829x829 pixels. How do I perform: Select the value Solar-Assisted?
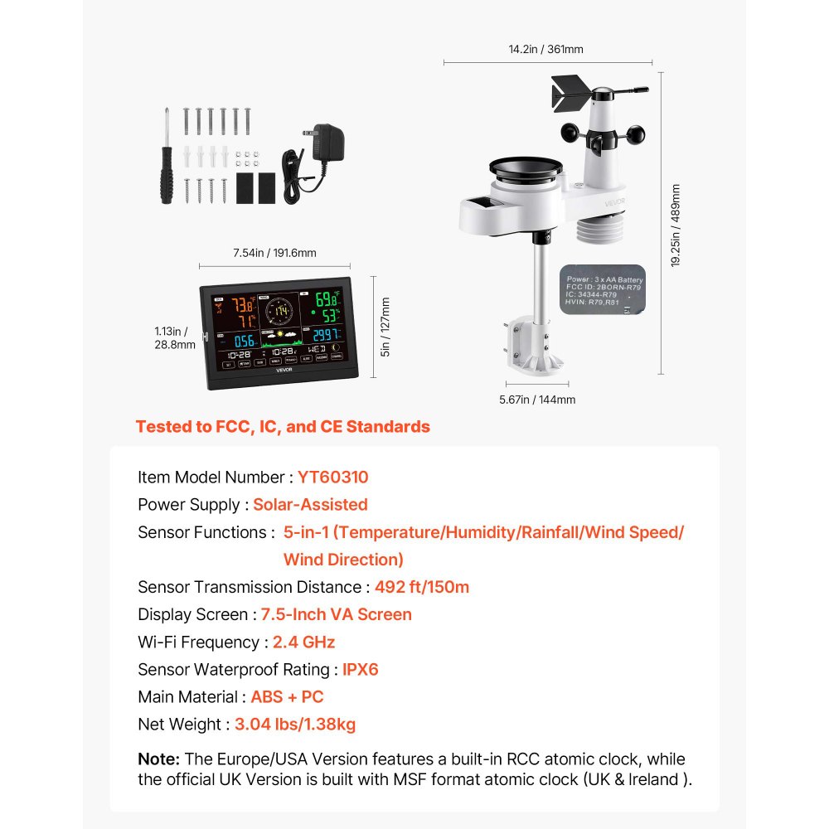point(310,505)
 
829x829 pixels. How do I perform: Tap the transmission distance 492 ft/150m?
point(422,587)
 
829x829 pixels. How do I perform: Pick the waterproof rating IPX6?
point(361,669)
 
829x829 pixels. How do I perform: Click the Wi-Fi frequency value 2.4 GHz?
point(303,642)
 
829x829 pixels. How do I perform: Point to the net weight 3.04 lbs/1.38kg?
point(295,724)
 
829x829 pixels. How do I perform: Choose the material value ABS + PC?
point(287,696)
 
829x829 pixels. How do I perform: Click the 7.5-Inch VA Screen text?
point(336,614)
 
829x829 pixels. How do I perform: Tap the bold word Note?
point(158,759)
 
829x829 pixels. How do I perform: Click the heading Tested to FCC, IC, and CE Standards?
point(283,427)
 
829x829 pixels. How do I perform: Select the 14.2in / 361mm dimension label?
point(545,50)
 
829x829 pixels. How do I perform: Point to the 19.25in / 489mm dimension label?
point(676,225)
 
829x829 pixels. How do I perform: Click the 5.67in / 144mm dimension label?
point(537,400)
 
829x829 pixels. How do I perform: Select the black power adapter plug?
point(330,146)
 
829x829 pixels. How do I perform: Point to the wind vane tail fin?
point(569,92)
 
